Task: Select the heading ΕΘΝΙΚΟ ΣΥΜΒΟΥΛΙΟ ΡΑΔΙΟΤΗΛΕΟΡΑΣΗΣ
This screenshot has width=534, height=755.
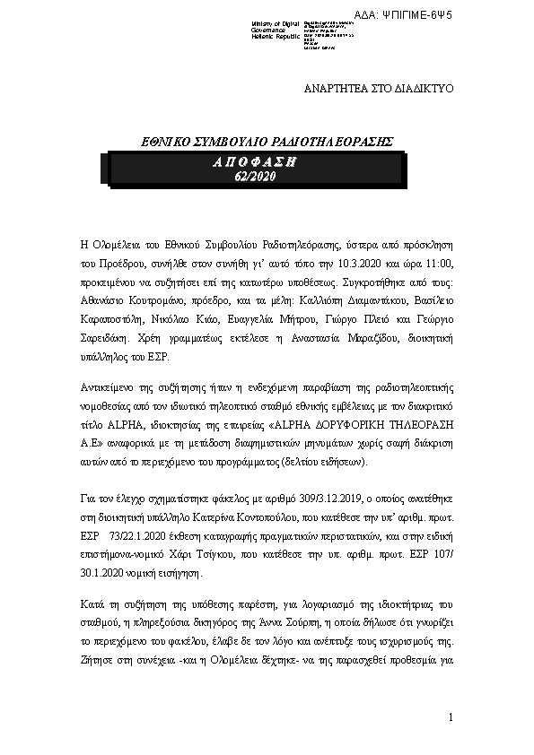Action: pyautogui.click(x=270, y=142)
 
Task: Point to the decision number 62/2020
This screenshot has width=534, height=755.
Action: pyautogui.click(x=254, y=177)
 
